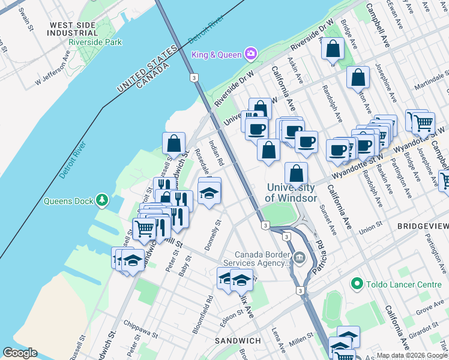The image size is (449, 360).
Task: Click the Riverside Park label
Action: [95, 42]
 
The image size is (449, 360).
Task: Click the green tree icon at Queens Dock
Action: [102, 199]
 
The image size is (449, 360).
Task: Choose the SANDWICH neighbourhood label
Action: [238, 341]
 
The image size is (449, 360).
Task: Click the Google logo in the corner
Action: [20, 353]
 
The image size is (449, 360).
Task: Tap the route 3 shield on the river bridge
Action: [193, 77]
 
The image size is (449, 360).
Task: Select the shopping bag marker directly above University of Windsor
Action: [297, 174]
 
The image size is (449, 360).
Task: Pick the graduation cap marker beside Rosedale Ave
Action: [209, 193]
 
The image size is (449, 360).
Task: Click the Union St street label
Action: [371, 227]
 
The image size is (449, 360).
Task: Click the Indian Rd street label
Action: [216, 153]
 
